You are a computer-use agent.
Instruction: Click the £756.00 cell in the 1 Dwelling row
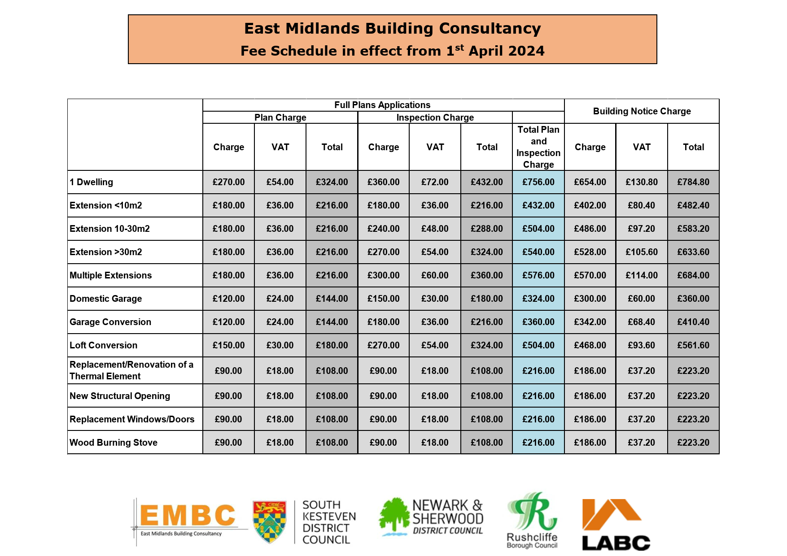coord(538,182)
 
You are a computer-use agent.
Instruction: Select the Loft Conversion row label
coord(104,345)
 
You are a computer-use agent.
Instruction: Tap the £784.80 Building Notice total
coord(693,182)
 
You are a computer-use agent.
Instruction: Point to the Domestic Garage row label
coord(106,299)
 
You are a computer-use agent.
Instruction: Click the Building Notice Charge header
coord(642,111)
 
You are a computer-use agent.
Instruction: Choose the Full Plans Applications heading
coord(382,105)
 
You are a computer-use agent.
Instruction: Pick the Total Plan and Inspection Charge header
coord(538,147)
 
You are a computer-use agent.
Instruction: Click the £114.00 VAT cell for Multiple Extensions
coord(642,275)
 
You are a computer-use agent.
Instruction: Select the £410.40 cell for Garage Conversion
coord(693,322)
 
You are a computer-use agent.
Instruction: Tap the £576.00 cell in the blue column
coord(538,275)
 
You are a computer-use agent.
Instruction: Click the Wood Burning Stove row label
coord(114,443)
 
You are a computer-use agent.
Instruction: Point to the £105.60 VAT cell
coord(642,252)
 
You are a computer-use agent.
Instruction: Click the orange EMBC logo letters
coord(188,515)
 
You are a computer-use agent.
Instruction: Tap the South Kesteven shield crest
coord(270,521)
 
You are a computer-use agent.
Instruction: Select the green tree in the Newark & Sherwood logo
coord(394,516)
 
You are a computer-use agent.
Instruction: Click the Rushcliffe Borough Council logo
coord(532,520)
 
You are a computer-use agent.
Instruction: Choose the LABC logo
coord(616,525)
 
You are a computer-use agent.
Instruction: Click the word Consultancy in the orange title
coord(490,28)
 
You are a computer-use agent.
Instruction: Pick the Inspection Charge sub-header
coord(435,117)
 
